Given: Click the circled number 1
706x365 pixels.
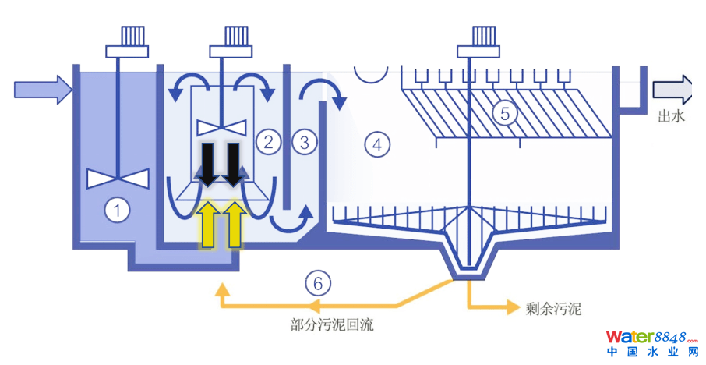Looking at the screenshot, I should point(117,210).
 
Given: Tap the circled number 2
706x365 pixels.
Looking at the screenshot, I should point(267,142).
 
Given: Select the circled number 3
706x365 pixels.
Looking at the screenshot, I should point(304,142).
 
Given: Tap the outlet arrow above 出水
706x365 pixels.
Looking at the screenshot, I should point(672,90).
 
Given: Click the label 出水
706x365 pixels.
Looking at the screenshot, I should point(671,117).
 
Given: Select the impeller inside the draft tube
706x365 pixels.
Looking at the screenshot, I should point(222,126).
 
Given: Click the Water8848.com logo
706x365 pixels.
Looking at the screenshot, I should point(651,343).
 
